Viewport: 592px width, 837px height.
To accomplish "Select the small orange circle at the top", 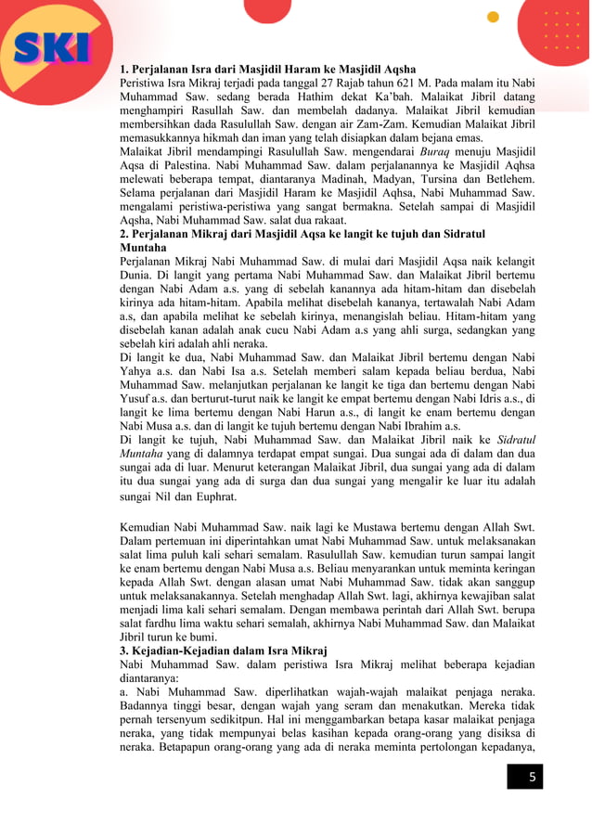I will point(493,17).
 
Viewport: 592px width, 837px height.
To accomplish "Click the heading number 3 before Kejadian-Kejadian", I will point(125,651).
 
